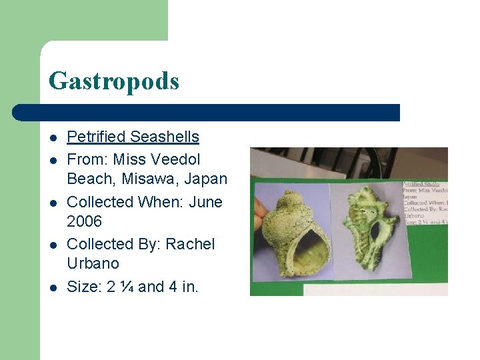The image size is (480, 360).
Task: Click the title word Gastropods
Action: click(x=114, y=81)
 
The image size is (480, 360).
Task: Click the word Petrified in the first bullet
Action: click(x=97, y=137)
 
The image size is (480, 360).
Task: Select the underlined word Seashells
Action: click(x=165, y=137)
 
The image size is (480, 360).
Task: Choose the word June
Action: click(x=206, y=202)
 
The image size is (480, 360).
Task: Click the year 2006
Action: click(x=85, y=221)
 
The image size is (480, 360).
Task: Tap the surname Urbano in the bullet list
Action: click(x=93, y=263)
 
